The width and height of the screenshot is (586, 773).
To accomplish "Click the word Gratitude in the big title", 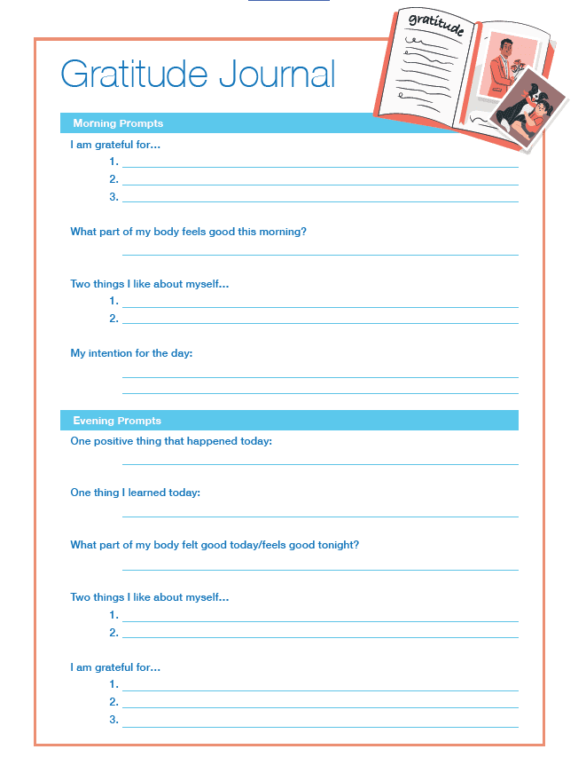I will (x=134, y=75).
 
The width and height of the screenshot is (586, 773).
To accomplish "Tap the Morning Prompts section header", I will (x=118, y=123).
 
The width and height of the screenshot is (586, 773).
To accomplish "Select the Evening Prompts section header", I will (x=117, y=421).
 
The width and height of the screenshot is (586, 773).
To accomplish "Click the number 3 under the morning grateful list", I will (x=113, y=197).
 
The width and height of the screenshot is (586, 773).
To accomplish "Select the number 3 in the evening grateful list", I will (x=113, y=720).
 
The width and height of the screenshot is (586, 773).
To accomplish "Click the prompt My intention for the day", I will (x=131, y=353).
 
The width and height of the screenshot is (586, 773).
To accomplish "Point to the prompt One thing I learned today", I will (x=135, y=493).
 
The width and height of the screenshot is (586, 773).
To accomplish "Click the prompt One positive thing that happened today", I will (x=171, y=441).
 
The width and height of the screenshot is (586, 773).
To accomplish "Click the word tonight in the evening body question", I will (x=339, y=545).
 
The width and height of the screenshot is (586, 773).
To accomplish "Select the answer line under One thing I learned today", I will (x=320, y=516).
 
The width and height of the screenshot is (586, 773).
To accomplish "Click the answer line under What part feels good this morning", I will (x=320, y=255).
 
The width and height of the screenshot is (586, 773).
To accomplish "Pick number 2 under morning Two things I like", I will (x=113, y=319).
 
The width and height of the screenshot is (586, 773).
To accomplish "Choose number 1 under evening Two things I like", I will (x=113, y=615).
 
